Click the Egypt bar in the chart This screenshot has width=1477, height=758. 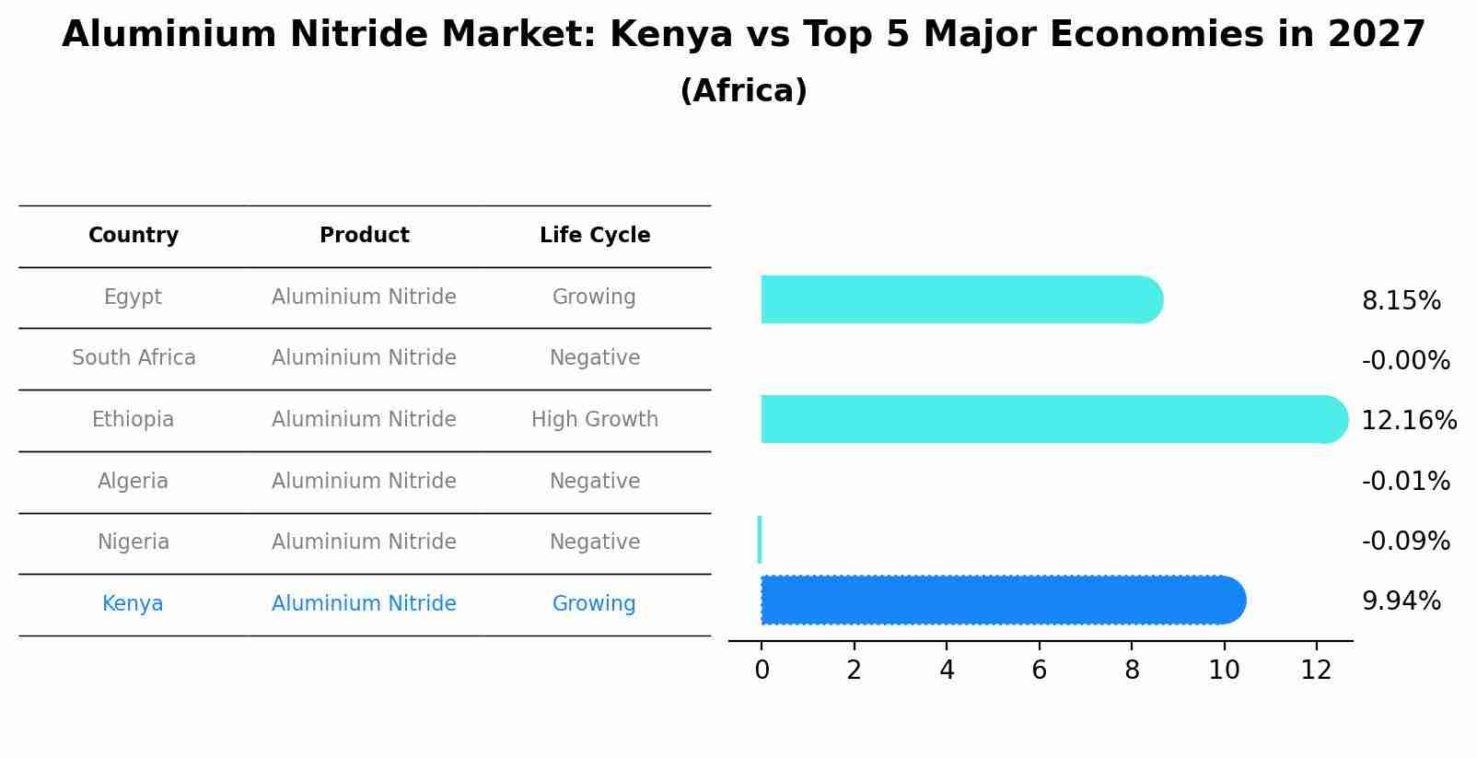tap(958, 299)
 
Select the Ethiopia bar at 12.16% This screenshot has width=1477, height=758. tap(1050, 419)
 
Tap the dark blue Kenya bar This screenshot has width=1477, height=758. tap(999, 601)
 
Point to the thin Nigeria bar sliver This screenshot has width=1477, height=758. tap(760, 540)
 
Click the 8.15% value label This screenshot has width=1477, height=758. tap(1401, 301)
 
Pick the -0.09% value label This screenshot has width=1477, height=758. tap(1405, 542)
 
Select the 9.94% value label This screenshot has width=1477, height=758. tap(1401, 601)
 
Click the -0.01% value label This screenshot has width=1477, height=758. tap(1405, 482)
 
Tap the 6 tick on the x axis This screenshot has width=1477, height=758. tap(1039, 671)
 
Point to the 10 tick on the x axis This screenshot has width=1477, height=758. tap(1224, 671)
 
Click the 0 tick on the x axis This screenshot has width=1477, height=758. tap(762, 671)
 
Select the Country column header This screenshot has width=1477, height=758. tap(134, 236)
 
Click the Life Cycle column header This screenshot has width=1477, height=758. tap(595, 236)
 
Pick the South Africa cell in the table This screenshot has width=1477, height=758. tap(134, 358)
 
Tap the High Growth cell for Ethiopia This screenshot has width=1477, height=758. tap(595, 420)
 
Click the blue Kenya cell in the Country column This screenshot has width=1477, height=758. tap(133, 604)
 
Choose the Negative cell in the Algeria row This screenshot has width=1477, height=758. tap(595, 482)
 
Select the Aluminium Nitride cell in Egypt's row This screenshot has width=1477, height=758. tap(364, 297)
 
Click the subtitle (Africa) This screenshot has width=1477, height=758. tap(743, 91)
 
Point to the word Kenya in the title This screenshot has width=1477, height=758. tap(670, 35)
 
